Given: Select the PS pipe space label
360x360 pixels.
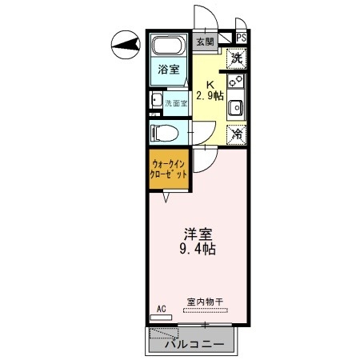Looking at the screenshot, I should (241, 38).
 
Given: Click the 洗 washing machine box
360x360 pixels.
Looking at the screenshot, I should (236, 58).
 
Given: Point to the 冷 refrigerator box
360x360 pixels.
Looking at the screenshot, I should (236, 134).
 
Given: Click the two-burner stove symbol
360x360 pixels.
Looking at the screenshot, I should (236, 82).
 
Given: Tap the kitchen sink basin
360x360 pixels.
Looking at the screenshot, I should (237, 108).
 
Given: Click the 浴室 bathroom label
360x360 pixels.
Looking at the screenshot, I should (166, 70).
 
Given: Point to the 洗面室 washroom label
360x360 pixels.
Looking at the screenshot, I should (175, 103).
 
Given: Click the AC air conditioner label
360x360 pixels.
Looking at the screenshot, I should (161, 308).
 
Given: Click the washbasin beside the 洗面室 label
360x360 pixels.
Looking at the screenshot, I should (154, 102).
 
